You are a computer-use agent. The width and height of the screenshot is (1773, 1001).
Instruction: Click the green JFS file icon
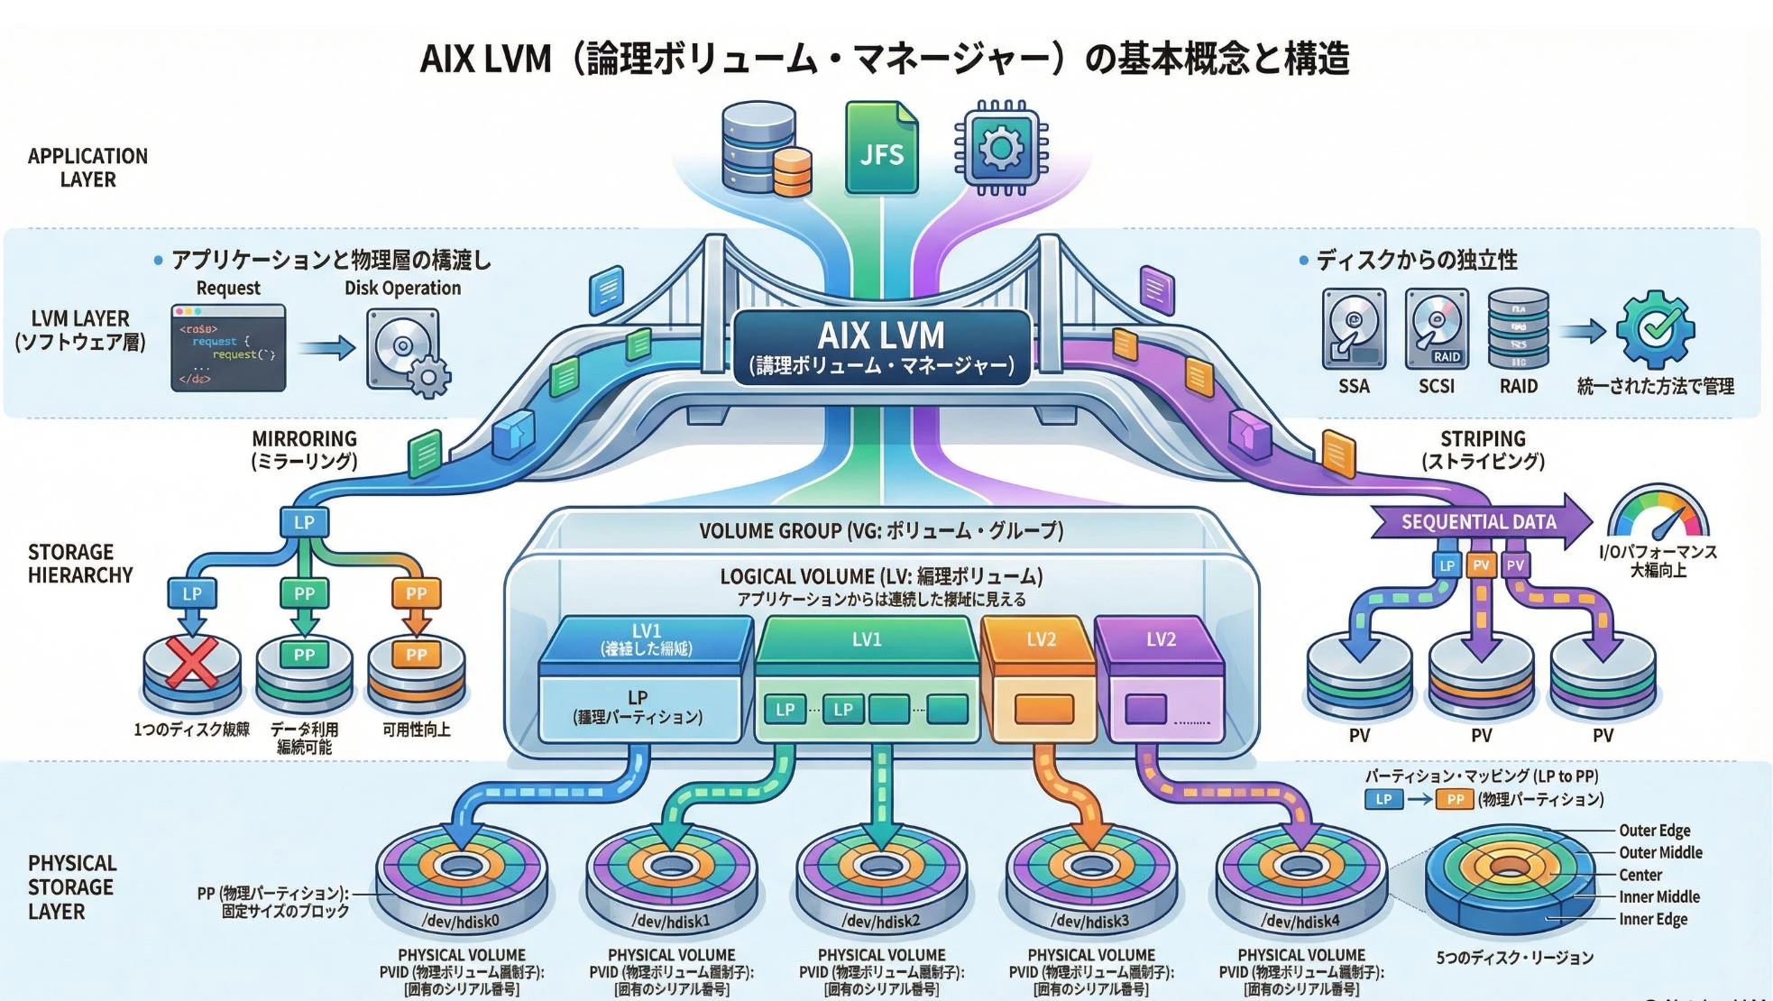click(880, 149)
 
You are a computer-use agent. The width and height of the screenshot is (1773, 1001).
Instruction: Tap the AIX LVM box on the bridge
click(881, 347)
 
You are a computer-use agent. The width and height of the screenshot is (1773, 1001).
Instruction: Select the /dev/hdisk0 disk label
click(461, 921)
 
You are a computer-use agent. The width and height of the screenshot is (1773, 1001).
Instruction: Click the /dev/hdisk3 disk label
click(1090, 921)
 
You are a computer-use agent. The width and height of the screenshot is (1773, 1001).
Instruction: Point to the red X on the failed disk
click(192, 663)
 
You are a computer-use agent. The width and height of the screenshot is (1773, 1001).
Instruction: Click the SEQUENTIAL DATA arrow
click(1479, 521)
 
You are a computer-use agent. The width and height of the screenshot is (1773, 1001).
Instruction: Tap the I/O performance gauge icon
click(1658, 514)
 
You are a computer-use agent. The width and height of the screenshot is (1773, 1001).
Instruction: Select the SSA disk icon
click(1353, 329)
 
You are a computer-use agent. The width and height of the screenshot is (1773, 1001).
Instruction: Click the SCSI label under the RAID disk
click(1436, 386)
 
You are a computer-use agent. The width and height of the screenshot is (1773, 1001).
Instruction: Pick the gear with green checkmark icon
click(1655, 329)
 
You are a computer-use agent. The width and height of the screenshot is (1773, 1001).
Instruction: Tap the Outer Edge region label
click(1654, 831)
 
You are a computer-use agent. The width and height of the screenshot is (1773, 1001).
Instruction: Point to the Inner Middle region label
click(1658, 896)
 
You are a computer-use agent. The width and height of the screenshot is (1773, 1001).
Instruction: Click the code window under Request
click(228, 348)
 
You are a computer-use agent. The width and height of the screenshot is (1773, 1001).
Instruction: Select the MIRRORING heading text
click(304, 439)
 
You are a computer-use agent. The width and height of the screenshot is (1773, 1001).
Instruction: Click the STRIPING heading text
click(1483, 439)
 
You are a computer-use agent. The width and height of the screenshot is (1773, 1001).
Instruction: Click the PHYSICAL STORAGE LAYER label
click(71, 886)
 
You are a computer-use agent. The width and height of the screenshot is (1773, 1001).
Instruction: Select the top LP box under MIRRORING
click(304, 522)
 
